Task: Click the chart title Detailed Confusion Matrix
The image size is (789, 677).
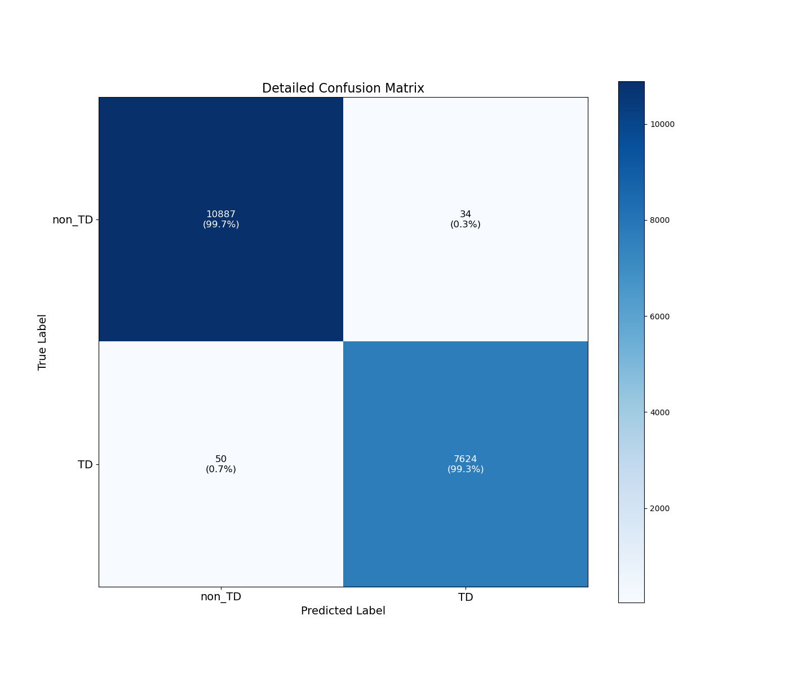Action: (343, 88)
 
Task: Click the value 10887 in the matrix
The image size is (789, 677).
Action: (221, 214)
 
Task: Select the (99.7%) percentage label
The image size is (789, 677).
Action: (221, 225)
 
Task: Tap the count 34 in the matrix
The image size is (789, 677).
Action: (466, 214)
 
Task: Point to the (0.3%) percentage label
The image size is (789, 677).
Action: (466, 225)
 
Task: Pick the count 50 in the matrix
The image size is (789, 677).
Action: (221, 459)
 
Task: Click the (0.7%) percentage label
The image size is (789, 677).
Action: (221, 469)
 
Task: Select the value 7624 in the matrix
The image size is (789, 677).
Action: (466, 459)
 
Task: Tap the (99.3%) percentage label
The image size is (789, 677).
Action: (466, 469)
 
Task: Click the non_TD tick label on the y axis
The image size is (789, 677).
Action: (72, 220)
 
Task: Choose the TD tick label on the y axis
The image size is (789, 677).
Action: (85, 465)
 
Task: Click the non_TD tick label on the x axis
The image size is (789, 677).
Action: (221, 597)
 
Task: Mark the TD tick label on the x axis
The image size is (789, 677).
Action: (466, 597)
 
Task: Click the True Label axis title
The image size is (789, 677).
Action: (42, 342)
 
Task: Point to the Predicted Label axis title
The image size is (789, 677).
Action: (343, 611)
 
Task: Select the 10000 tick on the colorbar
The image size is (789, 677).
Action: (662, 125)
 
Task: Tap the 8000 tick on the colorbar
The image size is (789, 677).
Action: (660, 220)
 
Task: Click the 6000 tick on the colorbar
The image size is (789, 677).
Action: (660, 316)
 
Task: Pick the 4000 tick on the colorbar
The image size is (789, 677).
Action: (660, 412)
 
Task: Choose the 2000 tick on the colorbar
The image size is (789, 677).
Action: (660, 508)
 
